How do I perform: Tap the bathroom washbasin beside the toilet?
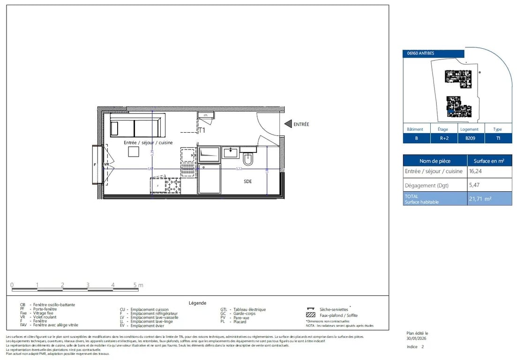231,152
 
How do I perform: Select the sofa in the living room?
138,127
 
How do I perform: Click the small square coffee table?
134,152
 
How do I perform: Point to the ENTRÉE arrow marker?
288,124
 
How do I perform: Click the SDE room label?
248,181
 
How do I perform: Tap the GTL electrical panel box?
205,115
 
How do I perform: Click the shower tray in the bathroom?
209,179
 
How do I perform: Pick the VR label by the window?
106,165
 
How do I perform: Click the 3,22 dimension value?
238,169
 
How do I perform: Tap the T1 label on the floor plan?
202,130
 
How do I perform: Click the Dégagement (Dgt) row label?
427,185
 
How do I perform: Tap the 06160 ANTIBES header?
421,53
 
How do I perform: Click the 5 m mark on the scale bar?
136,285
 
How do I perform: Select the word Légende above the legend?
197,303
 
